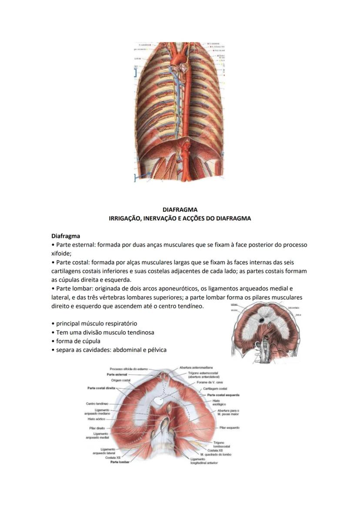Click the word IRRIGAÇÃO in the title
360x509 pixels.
(x=125, y=218)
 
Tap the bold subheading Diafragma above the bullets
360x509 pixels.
(x=66, y=236)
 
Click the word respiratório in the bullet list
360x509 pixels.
(x=120, y=324)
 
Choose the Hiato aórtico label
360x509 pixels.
(x=97, y=419)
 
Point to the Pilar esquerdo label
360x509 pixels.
(x=229, y=428)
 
